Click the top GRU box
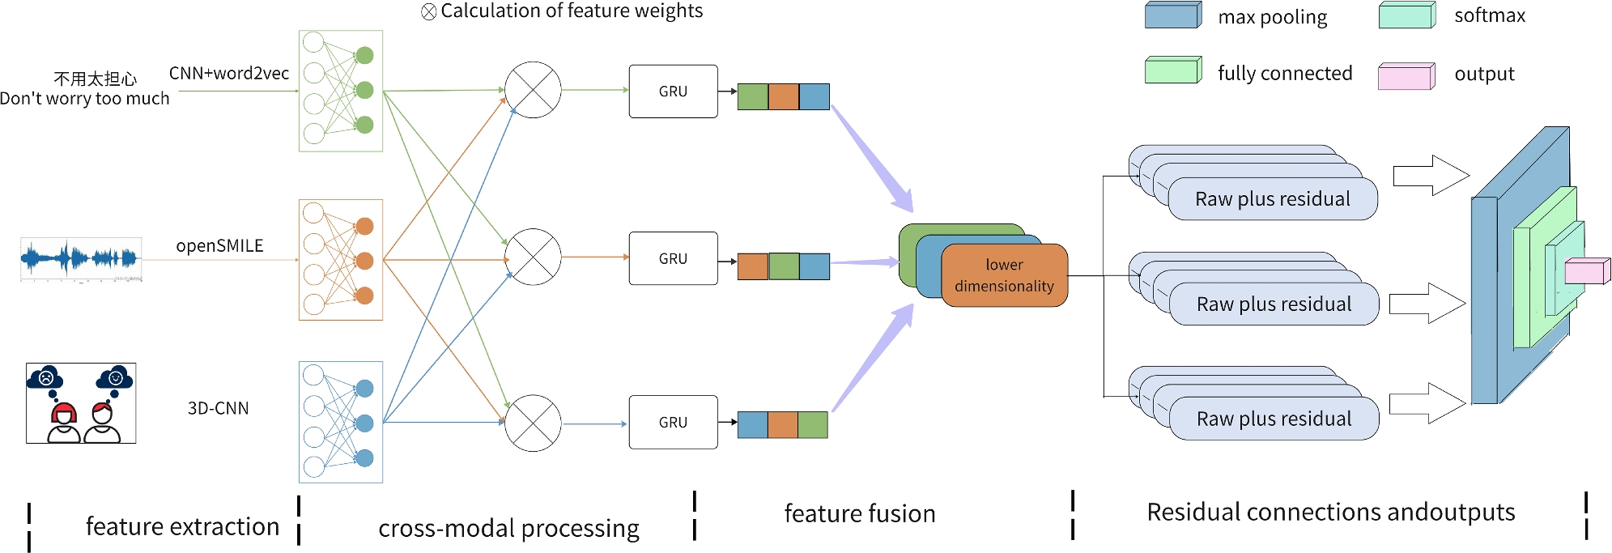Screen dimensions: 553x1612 (673, 91)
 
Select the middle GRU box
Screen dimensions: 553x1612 (673, 258)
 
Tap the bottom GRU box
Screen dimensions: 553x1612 (673, 422)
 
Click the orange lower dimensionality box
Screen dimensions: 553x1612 (1004, 275)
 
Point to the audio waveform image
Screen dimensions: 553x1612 (81, 259)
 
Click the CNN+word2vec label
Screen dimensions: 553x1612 (229, 74)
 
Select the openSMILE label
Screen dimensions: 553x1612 (219, 245)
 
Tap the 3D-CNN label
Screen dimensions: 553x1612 (218, 408)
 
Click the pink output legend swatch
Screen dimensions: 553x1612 (1406, 76)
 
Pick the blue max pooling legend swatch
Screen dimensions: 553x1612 (1173, 16)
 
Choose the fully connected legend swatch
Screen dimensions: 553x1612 (1173, 70)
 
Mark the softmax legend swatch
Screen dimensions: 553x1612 (1407, 15)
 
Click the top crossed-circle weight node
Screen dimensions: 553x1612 (533, 90)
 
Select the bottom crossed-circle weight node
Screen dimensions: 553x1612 (533, 423)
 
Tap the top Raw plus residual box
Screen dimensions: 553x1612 (1273, 199)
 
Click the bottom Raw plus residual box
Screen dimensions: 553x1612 (1274, 419)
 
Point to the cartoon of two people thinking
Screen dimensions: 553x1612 (81, 403)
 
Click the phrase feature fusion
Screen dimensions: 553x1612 (860, 513)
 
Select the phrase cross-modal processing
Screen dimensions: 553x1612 (508, 528)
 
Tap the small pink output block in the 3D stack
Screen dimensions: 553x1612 (1587, 271)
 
